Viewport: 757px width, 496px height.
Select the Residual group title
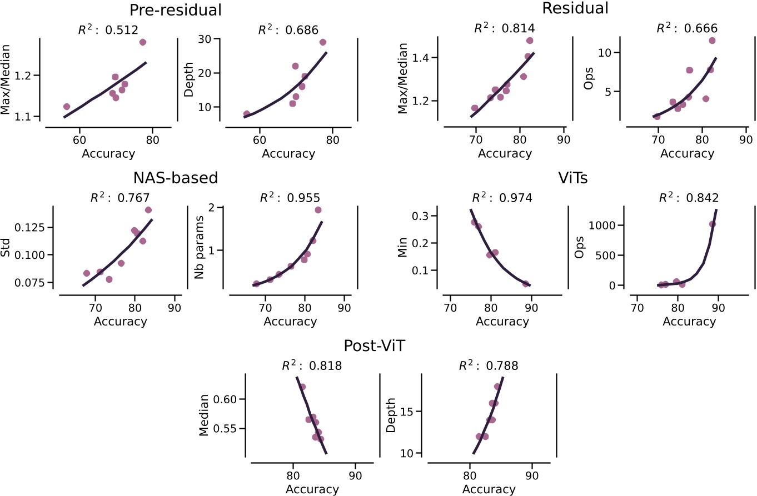pos(575,8)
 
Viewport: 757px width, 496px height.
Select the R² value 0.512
pos(108,30)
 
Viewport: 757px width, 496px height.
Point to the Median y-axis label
pos(204,415)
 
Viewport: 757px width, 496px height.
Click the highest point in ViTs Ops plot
pos(713,224)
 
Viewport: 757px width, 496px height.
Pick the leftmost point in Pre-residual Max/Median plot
pos(67,106)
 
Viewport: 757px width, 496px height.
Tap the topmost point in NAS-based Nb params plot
pos(318,210)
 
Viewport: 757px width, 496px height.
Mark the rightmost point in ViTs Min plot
pos(526,284)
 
